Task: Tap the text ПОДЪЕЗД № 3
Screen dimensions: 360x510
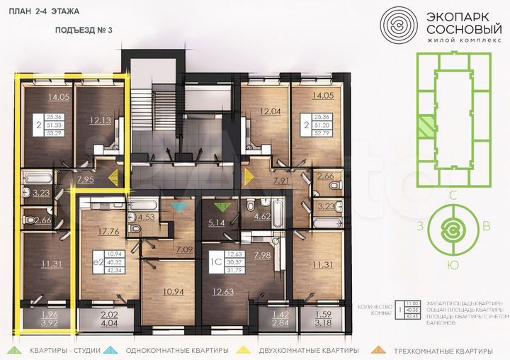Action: pos(84,30)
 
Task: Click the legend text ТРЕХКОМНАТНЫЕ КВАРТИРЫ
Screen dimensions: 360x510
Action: pos(445,351)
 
